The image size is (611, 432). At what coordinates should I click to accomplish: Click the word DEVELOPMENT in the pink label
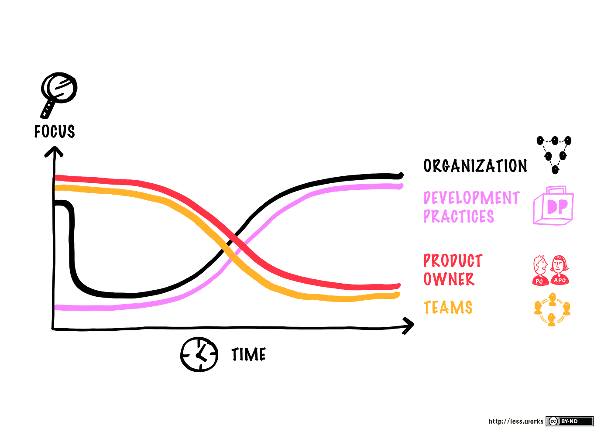(471, 199)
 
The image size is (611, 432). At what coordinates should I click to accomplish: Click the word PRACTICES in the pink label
(459, 216)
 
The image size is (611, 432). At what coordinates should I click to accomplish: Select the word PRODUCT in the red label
(453, 261)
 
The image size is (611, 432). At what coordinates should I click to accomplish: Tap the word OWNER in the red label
(449, 279)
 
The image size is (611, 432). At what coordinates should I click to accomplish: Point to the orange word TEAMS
(448, 308)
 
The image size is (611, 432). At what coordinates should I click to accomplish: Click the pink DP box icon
(553, 206)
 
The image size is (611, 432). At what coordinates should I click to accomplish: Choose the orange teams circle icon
(552, 309)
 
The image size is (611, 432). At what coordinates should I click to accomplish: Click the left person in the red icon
(540, 271)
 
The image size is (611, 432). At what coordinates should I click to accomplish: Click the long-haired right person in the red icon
(560, 271)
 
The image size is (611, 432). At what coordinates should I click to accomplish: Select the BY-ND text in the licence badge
(569, 421)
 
